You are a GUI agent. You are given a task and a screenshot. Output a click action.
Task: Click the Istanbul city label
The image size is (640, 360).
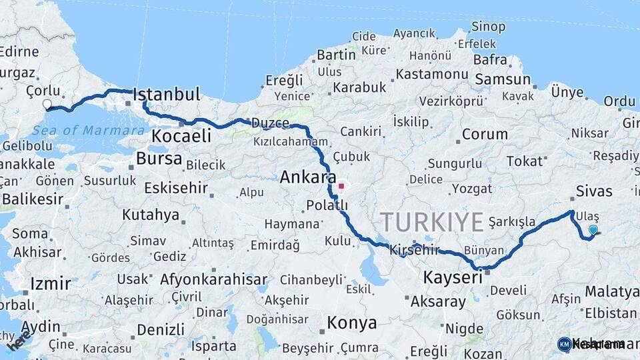click(x=167, y=94)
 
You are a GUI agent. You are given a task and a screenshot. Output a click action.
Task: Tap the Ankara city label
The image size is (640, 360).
click(x=307, y=177)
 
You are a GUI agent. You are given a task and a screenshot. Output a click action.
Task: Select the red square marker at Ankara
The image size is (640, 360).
click(x=341, y=186)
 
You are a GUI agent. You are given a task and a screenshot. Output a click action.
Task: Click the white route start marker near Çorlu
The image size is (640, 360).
click(x=47, y=104)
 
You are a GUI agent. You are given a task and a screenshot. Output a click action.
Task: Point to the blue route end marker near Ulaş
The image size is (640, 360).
click(x=593, y=230)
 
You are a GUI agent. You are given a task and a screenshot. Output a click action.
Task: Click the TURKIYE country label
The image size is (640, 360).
click(x=431, y=221)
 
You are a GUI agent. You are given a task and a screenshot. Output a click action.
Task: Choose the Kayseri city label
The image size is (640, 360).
click(x=452, y=276)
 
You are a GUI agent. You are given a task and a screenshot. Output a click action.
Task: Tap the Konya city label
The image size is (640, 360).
click(x=351, y=323)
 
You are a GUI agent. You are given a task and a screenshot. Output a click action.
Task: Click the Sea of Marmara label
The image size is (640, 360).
click(x=93, y=130)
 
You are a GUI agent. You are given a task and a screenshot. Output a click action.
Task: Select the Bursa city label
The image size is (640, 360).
click(x=159, y=159)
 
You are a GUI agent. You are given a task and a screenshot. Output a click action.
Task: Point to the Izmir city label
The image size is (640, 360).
click(x=50, y=284)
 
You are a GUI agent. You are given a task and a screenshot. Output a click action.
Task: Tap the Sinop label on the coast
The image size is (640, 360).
click(x=488, y=27)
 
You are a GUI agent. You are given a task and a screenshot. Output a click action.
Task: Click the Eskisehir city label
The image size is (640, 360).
click(x=176, y=188)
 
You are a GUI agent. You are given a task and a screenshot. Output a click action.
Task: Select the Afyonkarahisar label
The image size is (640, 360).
click(x=213, y=279)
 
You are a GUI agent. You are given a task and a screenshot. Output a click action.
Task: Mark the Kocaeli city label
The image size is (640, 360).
click(x=181, y=136)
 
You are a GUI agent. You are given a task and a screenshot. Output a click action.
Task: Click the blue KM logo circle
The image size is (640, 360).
click(x=565, y=344)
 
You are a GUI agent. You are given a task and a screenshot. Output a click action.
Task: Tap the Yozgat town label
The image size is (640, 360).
click(x=472, y=189)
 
